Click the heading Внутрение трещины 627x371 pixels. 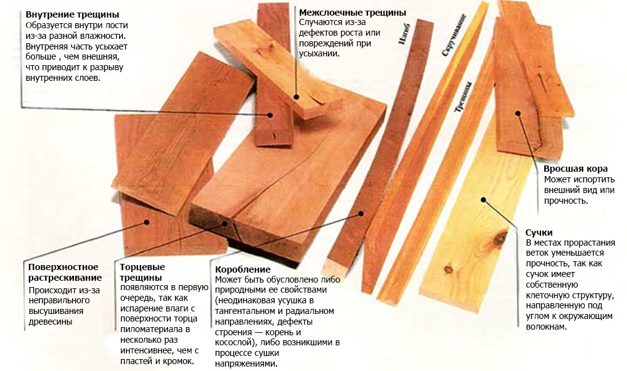point(72,15)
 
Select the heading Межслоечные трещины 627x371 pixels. point(352,13)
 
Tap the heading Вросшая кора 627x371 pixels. point(576,169)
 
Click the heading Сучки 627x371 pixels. point(539,233)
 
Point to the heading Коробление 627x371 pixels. point(243,269)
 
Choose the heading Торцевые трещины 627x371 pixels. point(142,272)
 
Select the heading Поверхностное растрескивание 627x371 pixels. point(65,272)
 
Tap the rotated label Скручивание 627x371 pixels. point(454,35)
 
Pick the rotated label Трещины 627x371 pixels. point(463,97)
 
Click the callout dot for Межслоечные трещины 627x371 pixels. point(297,97)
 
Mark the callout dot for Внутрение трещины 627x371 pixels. point(270,115)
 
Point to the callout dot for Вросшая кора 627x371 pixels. point(518,113)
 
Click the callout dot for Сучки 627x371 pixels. point(483,199)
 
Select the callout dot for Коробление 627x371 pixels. point(361,214)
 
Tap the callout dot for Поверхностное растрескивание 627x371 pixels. point(147,222)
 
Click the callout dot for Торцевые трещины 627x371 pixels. point(224,223)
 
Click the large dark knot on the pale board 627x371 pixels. point(500,238)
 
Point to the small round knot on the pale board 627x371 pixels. point(448,269)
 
